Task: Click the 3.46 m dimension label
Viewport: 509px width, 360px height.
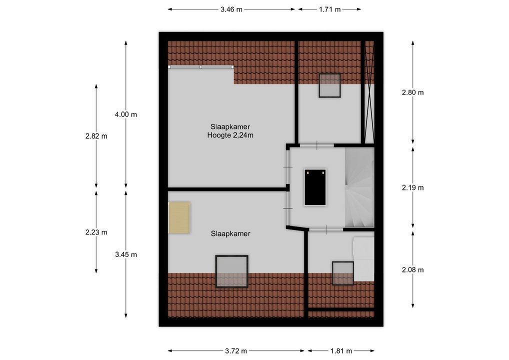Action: (231, 9)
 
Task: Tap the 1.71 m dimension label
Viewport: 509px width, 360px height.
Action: (329, 9)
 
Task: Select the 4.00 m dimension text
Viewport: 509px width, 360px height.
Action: (125, 114)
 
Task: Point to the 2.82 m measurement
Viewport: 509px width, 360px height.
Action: (96, 136)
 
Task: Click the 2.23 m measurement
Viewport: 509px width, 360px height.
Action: (96, 232)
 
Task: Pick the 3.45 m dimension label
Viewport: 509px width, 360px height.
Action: (125, 254)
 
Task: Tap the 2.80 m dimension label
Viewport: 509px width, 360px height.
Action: (412, 92)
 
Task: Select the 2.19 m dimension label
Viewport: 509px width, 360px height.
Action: (412, 188)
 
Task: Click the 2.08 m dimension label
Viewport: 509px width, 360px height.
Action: (412, 270)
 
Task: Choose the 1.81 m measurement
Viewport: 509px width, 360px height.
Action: (341, 350)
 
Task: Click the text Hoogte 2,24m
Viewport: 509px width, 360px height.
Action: (230, 135)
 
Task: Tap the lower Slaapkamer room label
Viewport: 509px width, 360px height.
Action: (230, 233)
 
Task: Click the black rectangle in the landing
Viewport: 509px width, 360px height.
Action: (315, 187)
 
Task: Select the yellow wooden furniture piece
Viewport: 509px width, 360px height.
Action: (179, 217)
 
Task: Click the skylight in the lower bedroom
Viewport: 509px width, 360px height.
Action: (231, 271)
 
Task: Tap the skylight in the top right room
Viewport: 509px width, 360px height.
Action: (329, 86)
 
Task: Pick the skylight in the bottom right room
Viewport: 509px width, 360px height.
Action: (343, 273)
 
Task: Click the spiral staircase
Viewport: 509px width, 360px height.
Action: (359, 187)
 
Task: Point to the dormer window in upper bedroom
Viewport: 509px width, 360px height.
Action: (200, 67)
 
